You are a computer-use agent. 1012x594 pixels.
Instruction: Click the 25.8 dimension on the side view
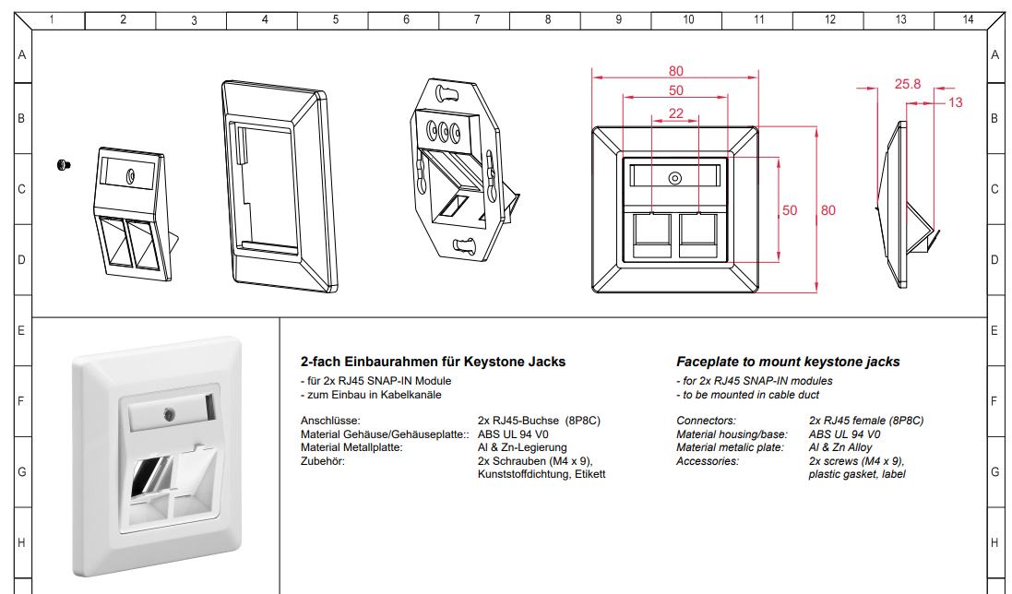pyautogui.click(x=908, y=84)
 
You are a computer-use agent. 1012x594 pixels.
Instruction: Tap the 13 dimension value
pyautogui.click(x=955, y=102)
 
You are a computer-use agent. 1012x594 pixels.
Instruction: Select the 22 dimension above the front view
pyautogui.click(x=675, y=113)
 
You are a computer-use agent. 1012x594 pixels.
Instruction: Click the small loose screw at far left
pyautogui.click(x=64, y=165)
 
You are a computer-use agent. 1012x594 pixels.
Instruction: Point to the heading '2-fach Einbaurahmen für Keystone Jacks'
pyautogui.click(x=433, y=362)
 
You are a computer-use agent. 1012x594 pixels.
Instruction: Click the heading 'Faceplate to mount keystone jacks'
pyautogui.click(x=788, y=362)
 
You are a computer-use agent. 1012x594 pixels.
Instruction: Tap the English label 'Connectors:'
pyautogui.click(x=706, y=421)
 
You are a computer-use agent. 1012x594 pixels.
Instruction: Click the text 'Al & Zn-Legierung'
pyautogui.click(x=522, y=447)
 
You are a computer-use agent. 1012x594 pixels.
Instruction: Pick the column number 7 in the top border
pyautogui.click(x=477, y=19)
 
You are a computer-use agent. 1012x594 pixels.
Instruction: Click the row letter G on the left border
pyautogui.click(x=22, y=472)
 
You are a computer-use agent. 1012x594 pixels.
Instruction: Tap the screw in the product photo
pyautogui.click(x=169, y=413)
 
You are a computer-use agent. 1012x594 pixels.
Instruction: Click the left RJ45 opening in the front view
pyautogui.click(x=652, y=236)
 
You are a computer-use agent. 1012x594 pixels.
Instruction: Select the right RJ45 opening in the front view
pyautogui.click(x=698, y=236)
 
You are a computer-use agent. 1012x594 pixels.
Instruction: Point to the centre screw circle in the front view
pyautogui.click(x=675, y=178)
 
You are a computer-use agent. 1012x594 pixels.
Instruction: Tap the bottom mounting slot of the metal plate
pyautogui.click(x=465, y=245)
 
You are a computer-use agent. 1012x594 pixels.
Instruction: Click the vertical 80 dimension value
pyautogui.click(x=828, y=210)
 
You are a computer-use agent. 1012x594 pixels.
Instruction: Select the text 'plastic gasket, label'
pyautogui.click(x=857, y=475)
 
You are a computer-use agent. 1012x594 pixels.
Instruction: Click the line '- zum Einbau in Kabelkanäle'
pyautogui.click(x=371, y=395)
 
